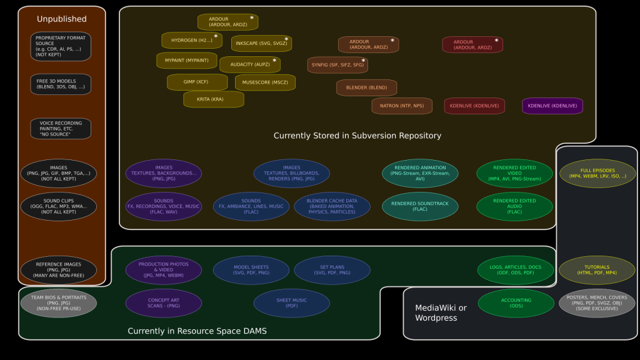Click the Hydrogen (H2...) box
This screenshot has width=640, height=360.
(192, 41)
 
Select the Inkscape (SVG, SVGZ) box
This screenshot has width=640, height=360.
(261, 43)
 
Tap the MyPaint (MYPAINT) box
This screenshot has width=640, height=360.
(186, 61)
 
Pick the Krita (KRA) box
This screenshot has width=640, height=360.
(213, 99)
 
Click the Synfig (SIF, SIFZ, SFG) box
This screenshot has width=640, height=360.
(337, 65)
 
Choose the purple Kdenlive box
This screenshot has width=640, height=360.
(552, 106)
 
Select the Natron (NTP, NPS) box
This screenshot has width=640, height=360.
(401, 106)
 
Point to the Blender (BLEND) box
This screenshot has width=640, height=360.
(366, 88)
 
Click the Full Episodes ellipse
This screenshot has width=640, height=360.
(597, 173)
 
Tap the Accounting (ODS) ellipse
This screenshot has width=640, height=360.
(516, 303)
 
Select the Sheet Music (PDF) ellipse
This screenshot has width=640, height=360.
(291, 303)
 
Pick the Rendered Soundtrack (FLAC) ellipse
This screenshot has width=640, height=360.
(420, 206)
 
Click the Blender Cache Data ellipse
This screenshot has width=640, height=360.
(332, 206)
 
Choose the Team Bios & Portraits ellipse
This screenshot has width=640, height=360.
(58, 303)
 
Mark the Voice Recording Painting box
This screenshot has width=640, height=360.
(61, 129)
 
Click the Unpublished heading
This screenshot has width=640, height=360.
(61, 19)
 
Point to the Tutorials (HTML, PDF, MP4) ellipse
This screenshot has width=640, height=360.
(597, 270)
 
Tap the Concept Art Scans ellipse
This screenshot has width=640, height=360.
(163, 303)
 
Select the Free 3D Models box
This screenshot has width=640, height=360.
(61, 84)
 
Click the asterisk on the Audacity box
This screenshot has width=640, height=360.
(274, 61)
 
